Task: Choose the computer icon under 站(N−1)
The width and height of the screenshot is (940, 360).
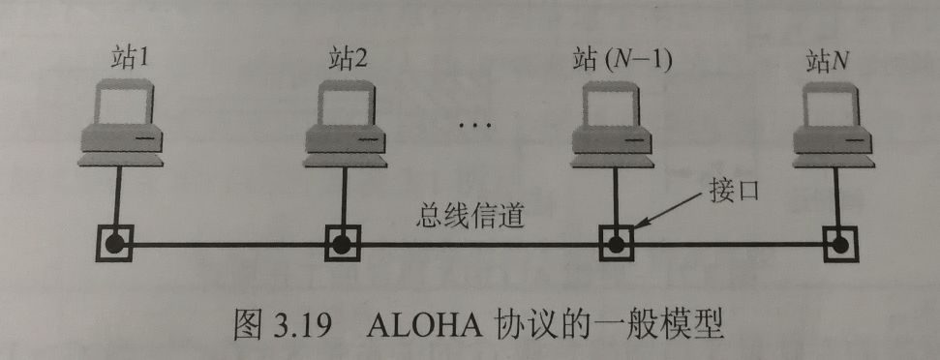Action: pos(612,121)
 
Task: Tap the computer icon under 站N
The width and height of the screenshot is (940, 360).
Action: pos(834,121)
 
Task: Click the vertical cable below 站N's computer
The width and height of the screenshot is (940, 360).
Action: pos(837,194)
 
